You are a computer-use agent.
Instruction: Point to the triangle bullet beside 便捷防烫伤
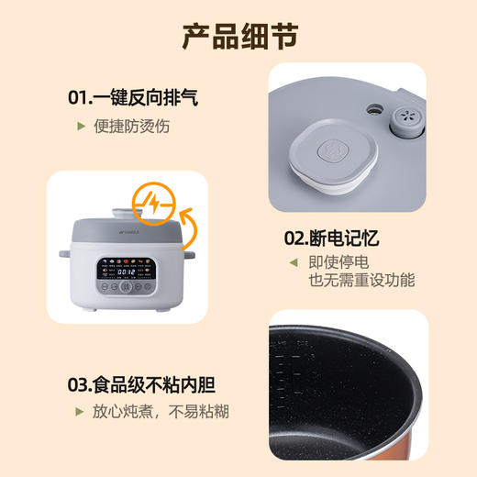pyautogui.click(x=81, y=126)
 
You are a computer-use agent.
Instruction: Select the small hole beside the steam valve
pyautogui.click(x=374, y=109)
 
